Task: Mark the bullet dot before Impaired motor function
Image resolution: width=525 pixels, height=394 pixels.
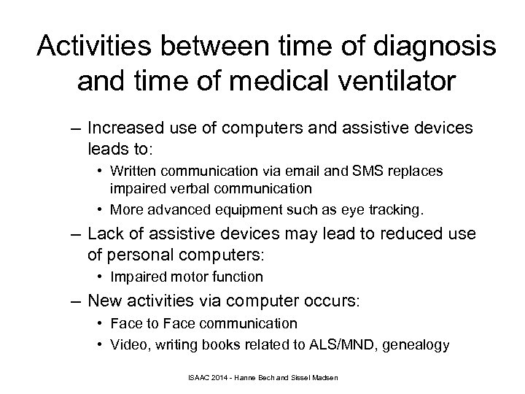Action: tap(103, 277)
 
